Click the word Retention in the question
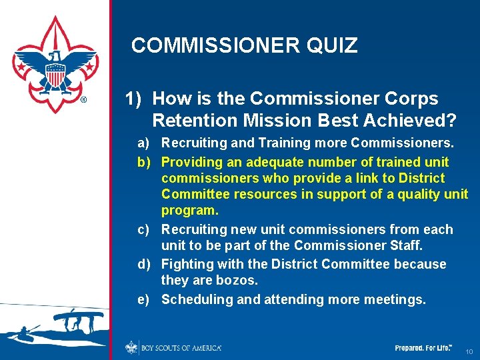pos(194,121)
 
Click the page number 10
pos(469,351)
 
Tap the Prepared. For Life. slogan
pos(423,348)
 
